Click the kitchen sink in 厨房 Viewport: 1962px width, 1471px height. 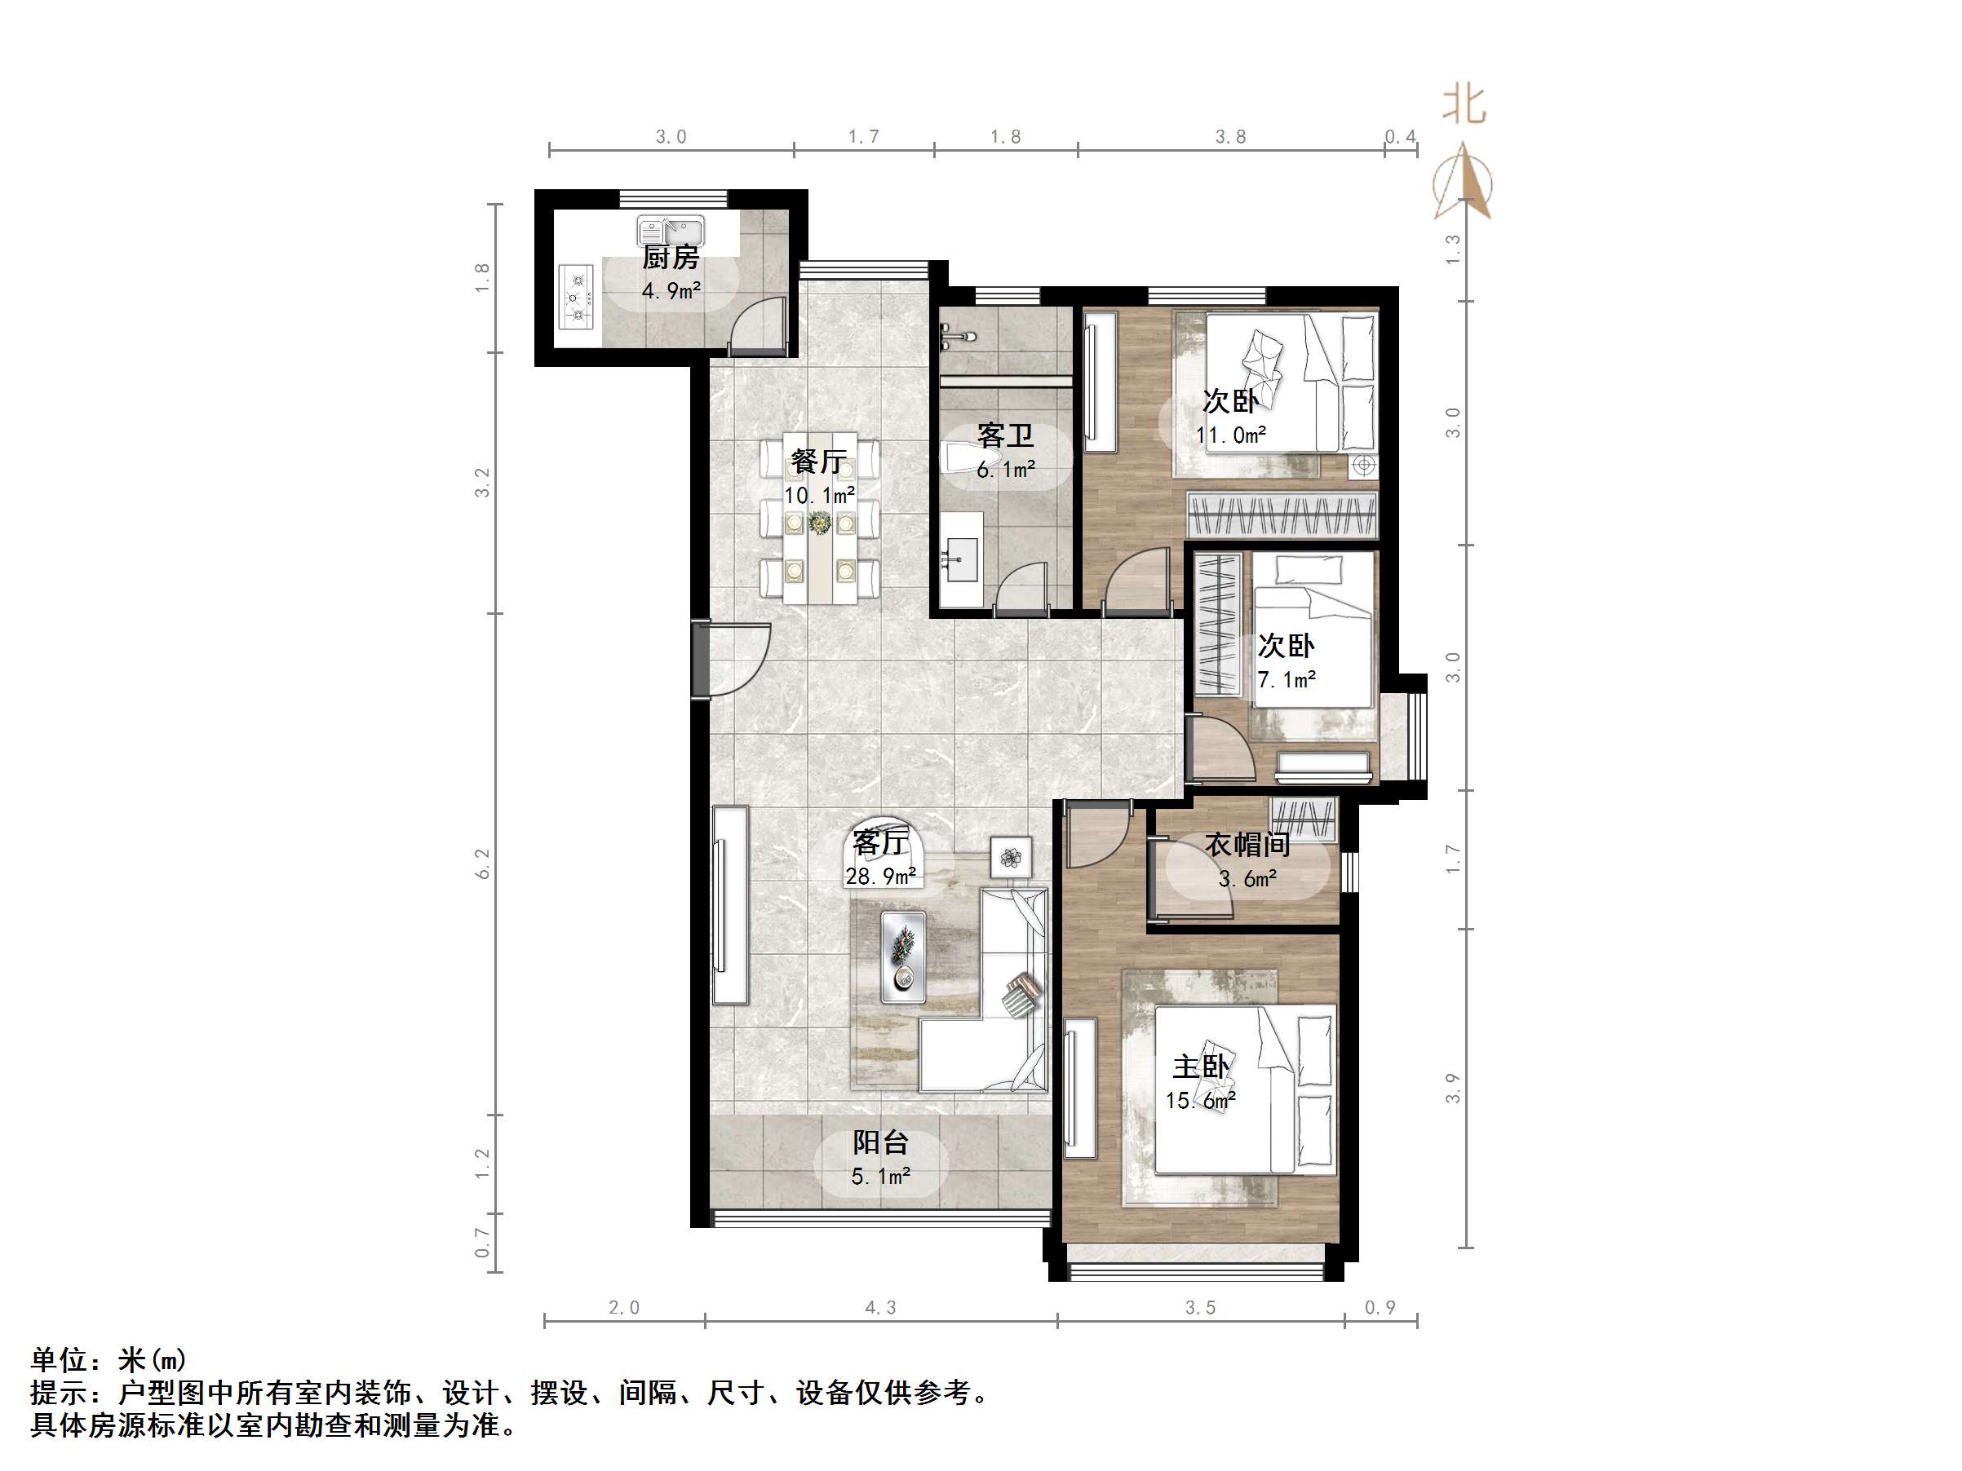[670, 232]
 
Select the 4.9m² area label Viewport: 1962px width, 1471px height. [671, 290]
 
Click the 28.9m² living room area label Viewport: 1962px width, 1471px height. [881, 876]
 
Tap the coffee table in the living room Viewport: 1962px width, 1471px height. [904, 956]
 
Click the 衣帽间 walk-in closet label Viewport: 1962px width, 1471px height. [1247, 844]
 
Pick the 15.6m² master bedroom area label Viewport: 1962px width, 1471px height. [1200, 1100]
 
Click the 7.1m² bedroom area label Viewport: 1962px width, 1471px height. [1287, 679]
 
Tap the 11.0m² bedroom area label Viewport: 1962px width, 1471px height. [1230, 435]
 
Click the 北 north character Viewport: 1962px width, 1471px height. [1463, 104]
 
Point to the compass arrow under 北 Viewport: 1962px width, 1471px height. [1464, 183]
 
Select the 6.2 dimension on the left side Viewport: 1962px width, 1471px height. [482, 863]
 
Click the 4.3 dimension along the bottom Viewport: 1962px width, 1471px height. [880, 1308]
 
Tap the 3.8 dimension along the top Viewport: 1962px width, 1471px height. [1230, 136]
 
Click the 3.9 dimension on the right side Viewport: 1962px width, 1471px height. [1452, 1088]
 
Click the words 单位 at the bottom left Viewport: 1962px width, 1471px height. [60, 1359]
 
